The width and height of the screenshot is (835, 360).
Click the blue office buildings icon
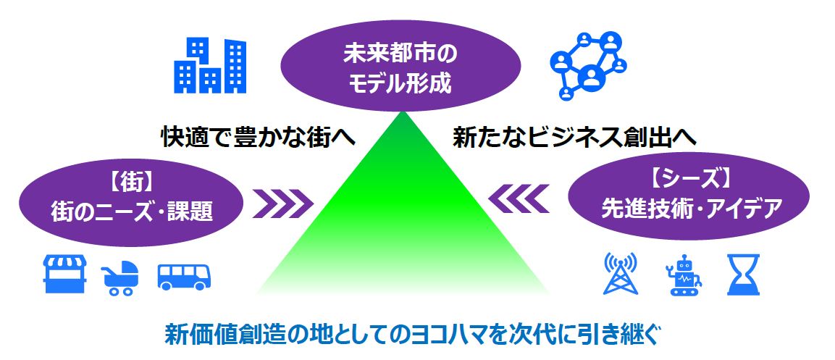click(x=210, y=65)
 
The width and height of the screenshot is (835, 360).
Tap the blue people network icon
click(x=588, y=66)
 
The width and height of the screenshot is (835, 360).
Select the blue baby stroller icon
click(x=119, y=277)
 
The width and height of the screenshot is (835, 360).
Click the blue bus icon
click(x=184, y=277)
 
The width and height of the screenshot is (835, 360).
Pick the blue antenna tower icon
click(x=620, y=274)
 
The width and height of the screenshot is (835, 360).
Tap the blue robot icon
click(x=683, y=275)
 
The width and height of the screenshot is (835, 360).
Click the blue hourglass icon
click(x=744, y=275)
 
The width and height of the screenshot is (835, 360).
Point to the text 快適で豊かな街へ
click(x=259, y=138)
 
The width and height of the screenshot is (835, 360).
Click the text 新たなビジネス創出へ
click(x=574, y=138)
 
